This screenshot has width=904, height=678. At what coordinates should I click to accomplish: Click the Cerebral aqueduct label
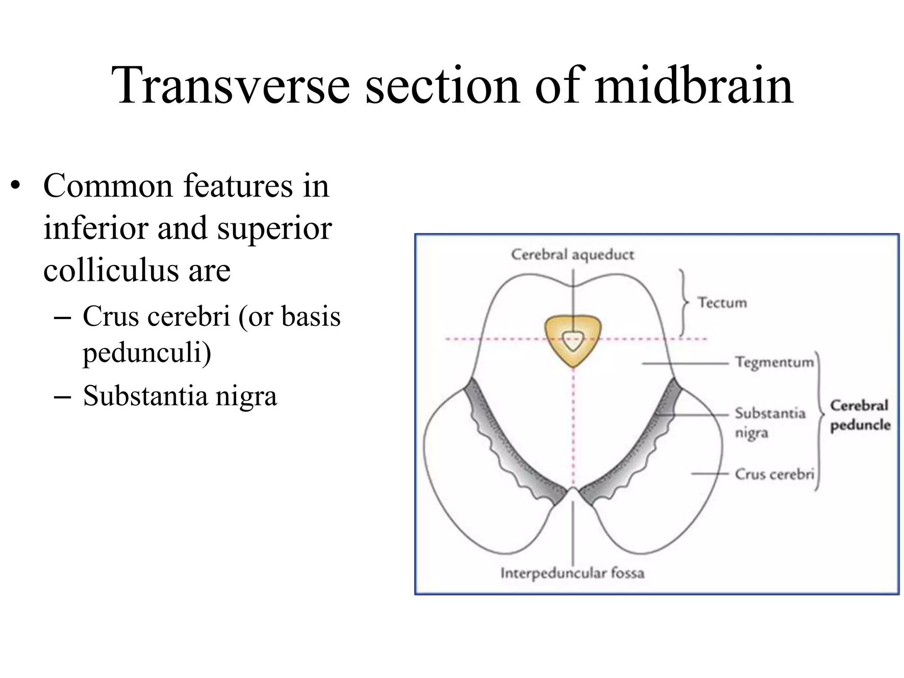pos(573,255)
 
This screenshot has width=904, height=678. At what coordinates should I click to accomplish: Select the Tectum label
pos(722,303)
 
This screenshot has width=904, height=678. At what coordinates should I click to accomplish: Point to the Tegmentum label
pos(774,362)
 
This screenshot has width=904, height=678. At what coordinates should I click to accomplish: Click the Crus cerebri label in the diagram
pos(774,474)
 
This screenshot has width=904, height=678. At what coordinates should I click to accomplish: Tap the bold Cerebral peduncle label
pos(860,415)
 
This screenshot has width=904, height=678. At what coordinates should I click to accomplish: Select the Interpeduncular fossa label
pos(573,573)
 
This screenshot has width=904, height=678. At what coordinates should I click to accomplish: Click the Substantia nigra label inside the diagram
pos(769,422)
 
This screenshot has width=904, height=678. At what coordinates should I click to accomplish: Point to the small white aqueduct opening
pos(573,341)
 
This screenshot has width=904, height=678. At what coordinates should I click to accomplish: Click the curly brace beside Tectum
pos(684,303)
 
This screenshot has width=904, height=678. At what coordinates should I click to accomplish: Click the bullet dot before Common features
pos(16,185)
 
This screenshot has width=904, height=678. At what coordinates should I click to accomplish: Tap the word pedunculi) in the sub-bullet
pos(147,353)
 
